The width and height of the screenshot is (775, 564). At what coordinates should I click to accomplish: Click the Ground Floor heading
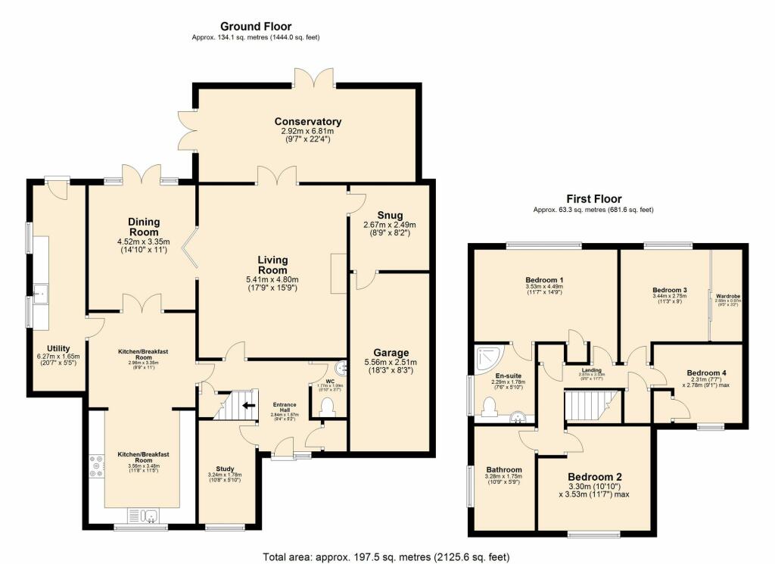[255, 26]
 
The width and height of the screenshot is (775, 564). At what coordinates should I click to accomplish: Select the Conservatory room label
[308, 122]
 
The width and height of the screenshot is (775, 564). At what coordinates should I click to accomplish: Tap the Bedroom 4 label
[705, 372]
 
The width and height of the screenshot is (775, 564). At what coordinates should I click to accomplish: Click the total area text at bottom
[391, 556]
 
